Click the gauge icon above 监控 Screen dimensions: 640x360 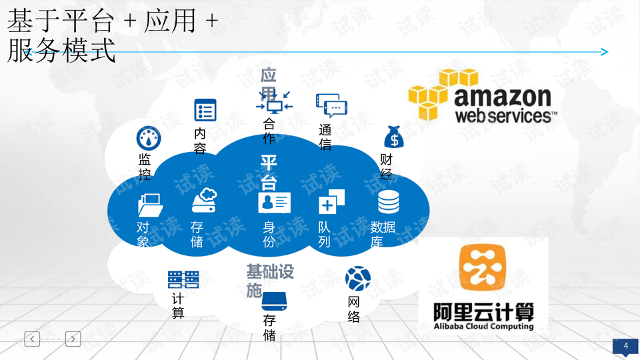pyautogui.click(x=149, y=138)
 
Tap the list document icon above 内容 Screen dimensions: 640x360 pyautogui.click(x=205, y=110)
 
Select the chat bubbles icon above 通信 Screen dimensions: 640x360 pyautogui.click(x=331, y=105)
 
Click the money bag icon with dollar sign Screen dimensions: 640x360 pyautogui.click(x=394, y=137)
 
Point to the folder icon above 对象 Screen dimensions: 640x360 pyautogui.click(x=150, y=205)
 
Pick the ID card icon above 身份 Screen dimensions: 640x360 pyautogui.click(x=274, y=203)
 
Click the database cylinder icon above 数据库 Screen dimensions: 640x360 pyautogui.click(x=389, y=201)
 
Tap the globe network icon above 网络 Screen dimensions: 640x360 pyautogui.click(x=358, y=279)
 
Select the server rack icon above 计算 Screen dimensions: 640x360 pyautogui.click(x=183, y=279)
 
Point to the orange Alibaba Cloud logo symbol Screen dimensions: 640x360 pyautogui.click(x=483, y=267)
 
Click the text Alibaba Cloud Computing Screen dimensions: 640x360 pyautogui.click(x=483, y=326)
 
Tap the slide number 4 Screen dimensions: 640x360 pyautogui.click(x=626, y=346)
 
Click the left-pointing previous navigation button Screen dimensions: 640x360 pyautogui.click(x=32, y=339)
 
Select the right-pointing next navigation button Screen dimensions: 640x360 pyautogui.click(x=73, y=339)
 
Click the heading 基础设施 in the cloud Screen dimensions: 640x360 pyautogui.click(x=270, y=281)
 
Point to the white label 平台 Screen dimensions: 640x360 pyautogui.click(x=269, y=172)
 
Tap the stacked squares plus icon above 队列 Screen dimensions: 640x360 pyautogui.click(x=331, y=201)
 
